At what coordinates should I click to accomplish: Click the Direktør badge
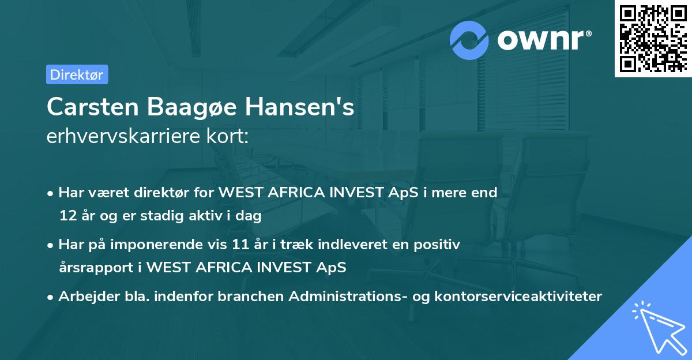click(x=77, y=74)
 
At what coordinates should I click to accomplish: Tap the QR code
click(x=652, y=38)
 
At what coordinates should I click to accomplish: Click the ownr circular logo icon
click(x=469, y=40)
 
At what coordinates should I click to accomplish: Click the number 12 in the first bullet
click(x=66, y=216)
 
